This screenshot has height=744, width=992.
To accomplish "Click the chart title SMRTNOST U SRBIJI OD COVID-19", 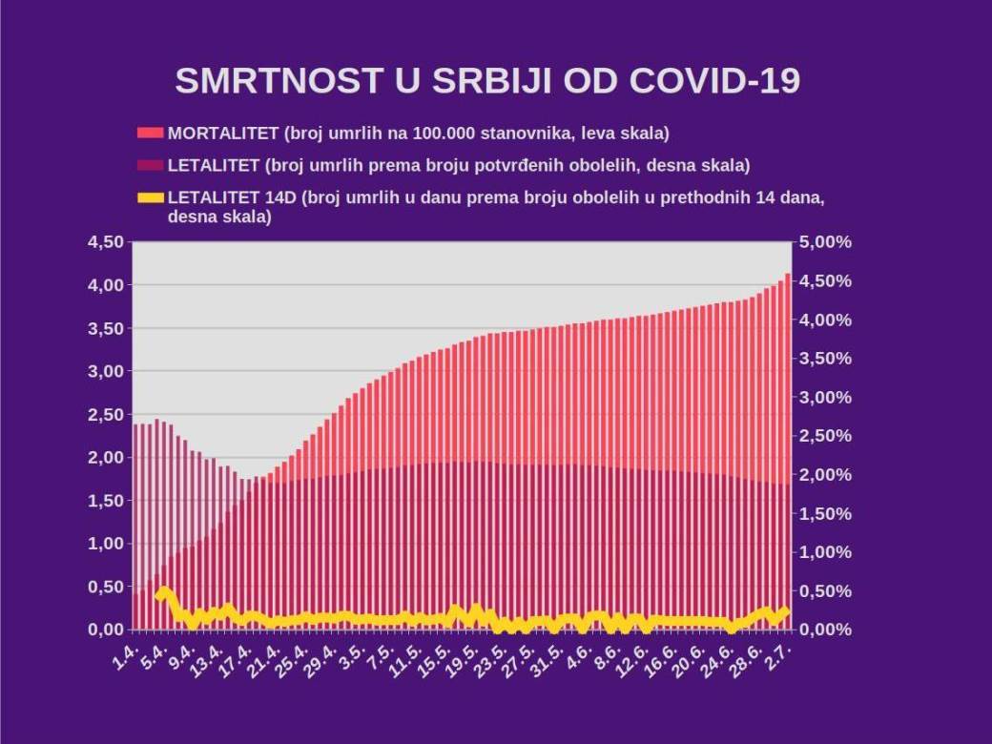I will coord(487,81).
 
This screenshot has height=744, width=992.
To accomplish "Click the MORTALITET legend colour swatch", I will coord(151,133).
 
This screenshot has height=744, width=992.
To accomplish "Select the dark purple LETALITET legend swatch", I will coord(151,165).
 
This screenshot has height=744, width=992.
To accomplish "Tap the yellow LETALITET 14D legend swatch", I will coord(151,197).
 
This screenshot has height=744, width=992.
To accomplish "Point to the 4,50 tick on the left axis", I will coord(105,242).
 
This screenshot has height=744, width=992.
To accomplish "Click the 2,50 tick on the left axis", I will coord(105,415).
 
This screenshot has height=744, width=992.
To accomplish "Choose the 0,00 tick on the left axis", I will coord(105,630).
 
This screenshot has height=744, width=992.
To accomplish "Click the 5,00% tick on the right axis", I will coord(824,242).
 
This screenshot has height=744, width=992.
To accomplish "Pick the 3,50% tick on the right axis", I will coord(824,359).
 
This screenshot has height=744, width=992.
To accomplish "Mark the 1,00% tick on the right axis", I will coord(824,552).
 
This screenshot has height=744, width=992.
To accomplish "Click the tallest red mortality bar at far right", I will coord(787,429).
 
